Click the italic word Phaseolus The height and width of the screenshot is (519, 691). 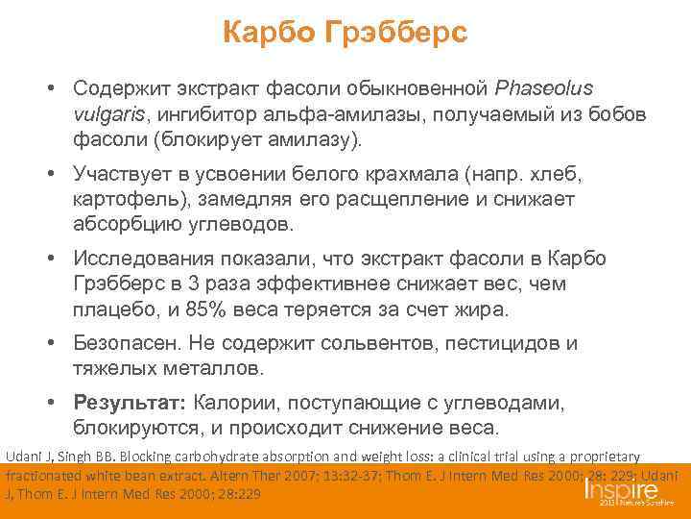point(544,89)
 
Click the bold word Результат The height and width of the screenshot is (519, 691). point(131,402)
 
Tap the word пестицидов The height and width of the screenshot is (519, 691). point(492,344)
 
